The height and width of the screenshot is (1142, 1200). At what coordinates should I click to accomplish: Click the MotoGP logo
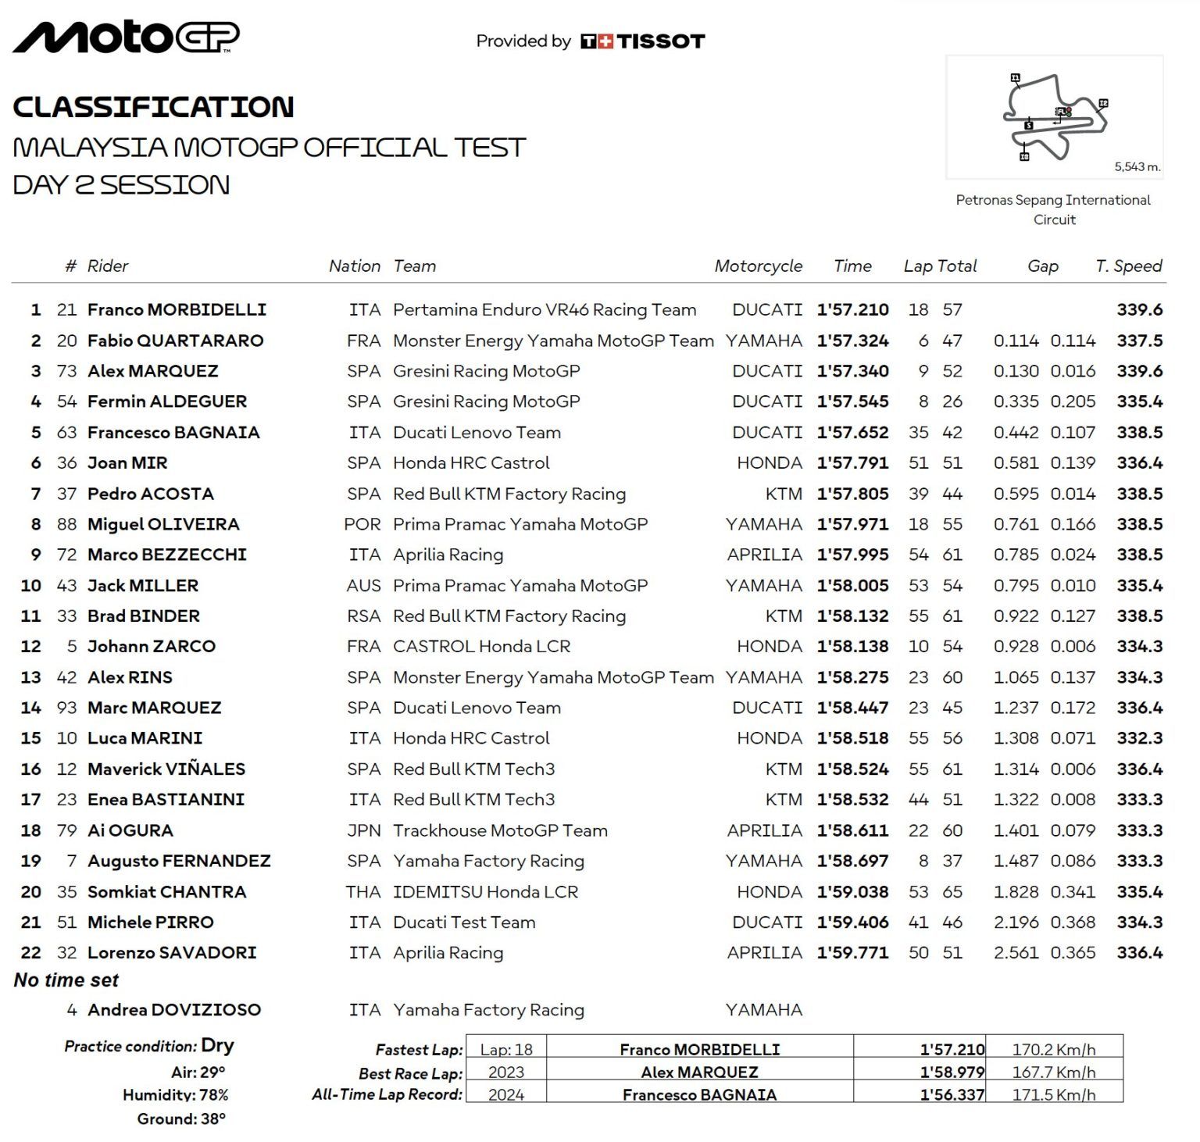point(126,37)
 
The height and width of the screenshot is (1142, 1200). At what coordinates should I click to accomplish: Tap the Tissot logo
point(642,41)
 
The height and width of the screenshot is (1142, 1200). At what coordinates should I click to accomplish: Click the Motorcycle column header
point(758,266)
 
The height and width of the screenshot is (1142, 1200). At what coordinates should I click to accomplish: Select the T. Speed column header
point(1128,266)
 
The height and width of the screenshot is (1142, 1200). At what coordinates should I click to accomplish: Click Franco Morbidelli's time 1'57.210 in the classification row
point(852,310)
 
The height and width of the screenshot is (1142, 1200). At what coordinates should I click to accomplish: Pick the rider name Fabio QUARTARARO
point(176,341)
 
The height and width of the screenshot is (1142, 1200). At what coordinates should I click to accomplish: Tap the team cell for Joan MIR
point(471,463)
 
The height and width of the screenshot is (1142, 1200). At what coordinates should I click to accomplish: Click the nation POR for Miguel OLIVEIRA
point(362,524)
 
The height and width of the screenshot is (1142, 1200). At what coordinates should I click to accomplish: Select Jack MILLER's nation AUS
point(363,586)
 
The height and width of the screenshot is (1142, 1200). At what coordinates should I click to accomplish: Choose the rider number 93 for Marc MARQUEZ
point(66,708)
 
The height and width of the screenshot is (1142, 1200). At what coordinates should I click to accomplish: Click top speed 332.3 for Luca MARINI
point(1139,738)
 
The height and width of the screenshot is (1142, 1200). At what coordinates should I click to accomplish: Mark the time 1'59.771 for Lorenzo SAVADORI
point(852,953)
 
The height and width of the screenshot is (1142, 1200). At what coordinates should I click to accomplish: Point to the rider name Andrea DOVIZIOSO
point(174,1010)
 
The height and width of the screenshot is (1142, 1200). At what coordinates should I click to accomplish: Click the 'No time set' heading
point(66,980)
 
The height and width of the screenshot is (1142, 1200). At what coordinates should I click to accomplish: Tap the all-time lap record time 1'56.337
point(952,1095)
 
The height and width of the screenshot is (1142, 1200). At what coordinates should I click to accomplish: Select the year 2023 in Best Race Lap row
point(505,1072)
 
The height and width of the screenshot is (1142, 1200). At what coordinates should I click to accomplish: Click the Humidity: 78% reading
point(176,1095)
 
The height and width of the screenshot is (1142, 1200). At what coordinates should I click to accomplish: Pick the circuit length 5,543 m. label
point(1137,166)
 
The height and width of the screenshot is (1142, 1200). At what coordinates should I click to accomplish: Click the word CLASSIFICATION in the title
point(153,107)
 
